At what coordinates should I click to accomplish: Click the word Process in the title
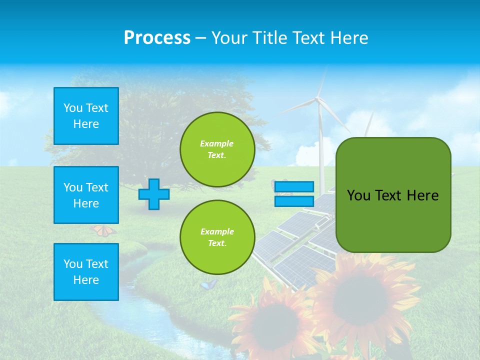(157, 38)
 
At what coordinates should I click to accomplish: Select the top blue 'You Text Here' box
(86, 116)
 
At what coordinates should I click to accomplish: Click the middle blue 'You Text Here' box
(86, 195)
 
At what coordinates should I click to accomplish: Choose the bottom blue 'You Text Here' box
(86, 272)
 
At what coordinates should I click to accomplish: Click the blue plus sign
(153, 194)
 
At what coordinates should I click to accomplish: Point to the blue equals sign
(294, 194)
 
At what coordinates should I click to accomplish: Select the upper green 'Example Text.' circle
(217, 149)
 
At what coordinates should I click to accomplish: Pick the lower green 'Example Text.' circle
(217, 237)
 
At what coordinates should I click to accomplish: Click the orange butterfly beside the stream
(103, 230)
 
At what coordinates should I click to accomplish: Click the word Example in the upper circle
(217, 143)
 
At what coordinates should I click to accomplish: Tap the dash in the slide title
(201, 38)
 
